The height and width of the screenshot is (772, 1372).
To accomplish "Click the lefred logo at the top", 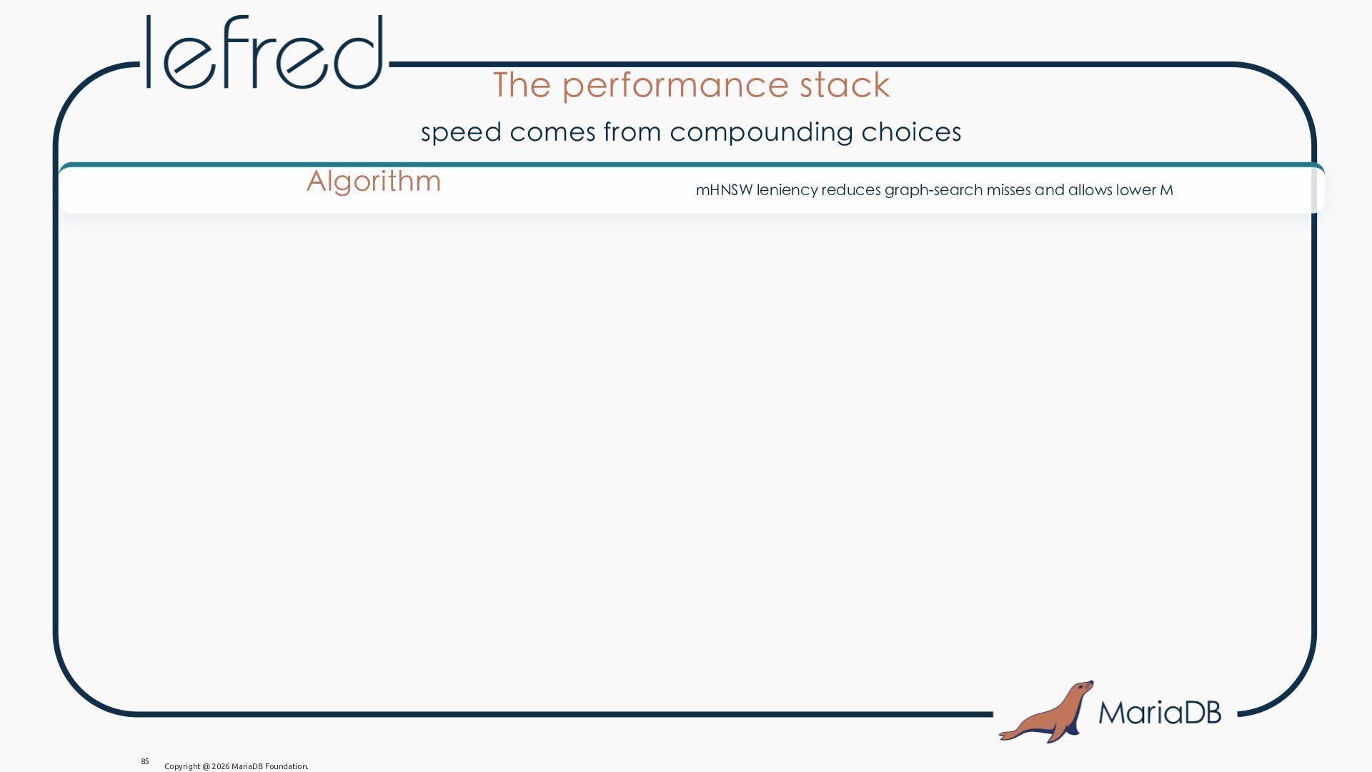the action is (264, 52).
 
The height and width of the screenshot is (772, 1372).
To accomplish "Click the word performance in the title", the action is (675, 86).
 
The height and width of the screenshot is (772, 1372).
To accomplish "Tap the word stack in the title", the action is (845, 84).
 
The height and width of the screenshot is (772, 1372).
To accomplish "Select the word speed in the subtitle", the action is (462, 132).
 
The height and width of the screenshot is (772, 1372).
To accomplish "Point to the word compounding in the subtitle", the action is (762, 132).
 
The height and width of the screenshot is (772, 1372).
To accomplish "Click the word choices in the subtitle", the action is (911, 132).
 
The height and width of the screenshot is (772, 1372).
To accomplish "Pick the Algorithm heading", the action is (374, 182).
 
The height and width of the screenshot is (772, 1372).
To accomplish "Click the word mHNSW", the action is (724, 190).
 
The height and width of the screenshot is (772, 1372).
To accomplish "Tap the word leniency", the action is (787, 190).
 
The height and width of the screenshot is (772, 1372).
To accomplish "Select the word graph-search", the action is (933, 190).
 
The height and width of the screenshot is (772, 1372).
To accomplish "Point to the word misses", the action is (1008, 190).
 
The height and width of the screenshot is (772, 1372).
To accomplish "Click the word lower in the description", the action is (1136, 190).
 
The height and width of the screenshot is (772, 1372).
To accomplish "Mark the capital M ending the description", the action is (1166, 190).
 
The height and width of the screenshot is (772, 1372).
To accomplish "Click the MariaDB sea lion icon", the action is (1046, 712).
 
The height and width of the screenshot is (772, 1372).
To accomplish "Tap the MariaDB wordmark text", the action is (1160, 712).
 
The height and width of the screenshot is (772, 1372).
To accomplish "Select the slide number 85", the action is (145, 761).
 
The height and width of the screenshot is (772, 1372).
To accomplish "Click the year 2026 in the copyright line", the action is (220, 766).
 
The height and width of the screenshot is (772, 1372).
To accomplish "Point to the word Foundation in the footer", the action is (287, 766).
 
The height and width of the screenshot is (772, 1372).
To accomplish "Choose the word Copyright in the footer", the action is (182, 766).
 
